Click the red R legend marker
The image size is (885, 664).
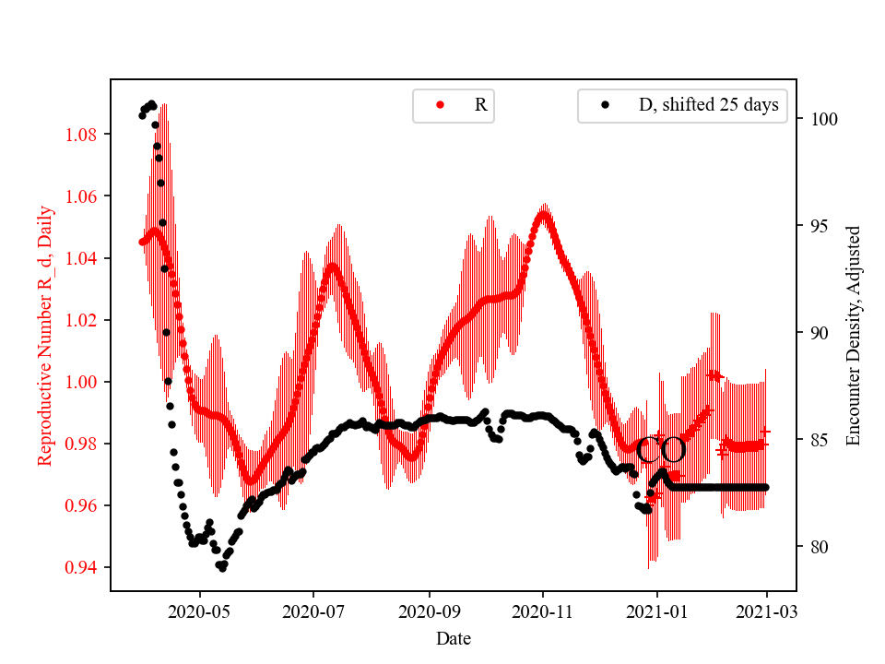(440, 105)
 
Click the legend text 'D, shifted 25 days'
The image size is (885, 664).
(708, 105)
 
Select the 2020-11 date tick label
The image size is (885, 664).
(543, 611)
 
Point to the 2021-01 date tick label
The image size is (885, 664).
(657, 611)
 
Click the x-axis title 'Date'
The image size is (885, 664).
(454, 637)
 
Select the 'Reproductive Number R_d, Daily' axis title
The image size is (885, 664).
(45, 335)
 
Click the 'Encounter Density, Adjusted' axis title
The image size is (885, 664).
(853, 335)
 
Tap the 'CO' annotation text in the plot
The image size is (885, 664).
(661, 450)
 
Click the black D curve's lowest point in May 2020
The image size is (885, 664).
(222, 568)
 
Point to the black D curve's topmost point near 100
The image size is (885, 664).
(151, 103)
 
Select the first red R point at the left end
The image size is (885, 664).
(142, 242)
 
